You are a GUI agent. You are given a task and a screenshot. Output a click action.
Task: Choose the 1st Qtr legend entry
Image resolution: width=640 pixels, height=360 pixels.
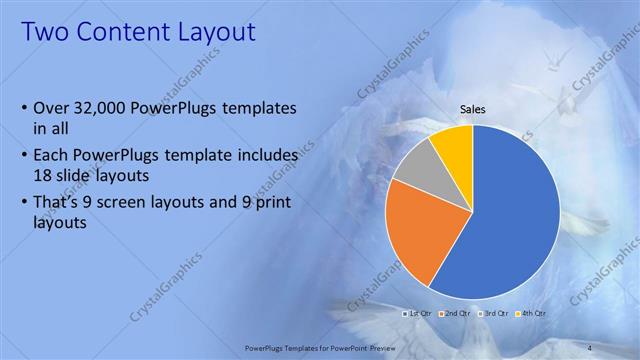pos(421,313)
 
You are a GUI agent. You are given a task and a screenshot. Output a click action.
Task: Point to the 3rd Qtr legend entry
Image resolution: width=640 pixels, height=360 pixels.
pos(495,313)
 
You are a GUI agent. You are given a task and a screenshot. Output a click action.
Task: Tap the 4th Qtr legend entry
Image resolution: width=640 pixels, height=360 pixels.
pos(532,313)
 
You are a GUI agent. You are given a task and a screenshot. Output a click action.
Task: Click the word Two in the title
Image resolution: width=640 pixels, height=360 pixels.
pos(46,33)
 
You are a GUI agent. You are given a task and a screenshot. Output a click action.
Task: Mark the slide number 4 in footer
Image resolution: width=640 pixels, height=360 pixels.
pos(590,347)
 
